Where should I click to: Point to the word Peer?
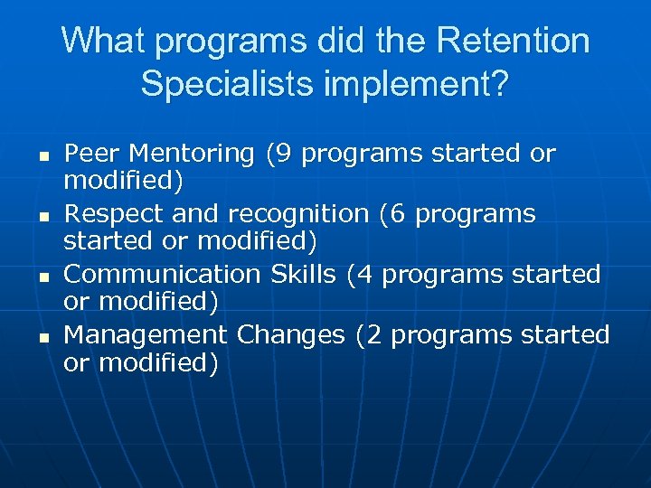93,154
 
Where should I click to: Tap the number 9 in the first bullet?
282,154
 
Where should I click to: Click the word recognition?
298,215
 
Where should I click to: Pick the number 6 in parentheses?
395,214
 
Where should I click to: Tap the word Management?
146,335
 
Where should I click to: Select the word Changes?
291,335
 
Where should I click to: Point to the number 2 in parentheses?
372,334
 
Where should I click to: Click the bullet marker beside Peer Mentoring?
42,155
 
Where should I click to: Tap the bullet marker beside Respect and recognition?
42,216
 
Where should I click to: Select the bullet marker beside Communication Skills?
42,276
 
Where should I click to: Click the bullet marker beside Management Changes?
42,336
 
